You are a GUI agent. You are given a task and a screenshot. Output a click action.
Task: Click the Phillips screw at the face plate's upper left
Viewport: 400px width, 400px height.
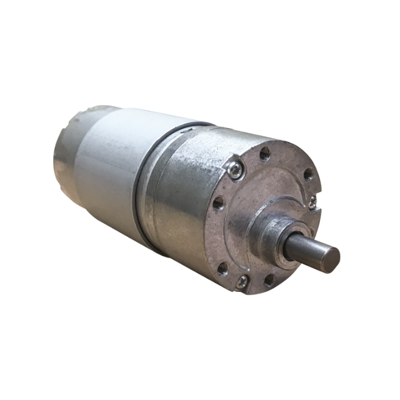[x=235, y=168]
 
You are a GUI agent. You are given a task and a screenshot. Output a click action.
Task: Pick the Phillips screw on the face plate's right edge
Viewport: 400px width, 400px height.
[x=312, y=201]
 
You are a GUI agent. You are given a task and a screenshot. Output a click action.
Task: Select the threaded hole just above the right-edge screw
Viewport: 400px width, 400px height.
[x=307, y=175]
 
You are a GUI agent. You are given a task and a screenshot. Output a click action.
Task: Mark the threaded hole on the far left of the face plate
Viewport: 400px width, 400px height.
[x=217, y=202]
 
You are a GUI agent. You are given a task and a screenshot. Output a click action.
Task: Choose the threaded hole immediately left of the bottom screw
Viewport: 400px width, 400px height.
[x=221, y=269]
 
